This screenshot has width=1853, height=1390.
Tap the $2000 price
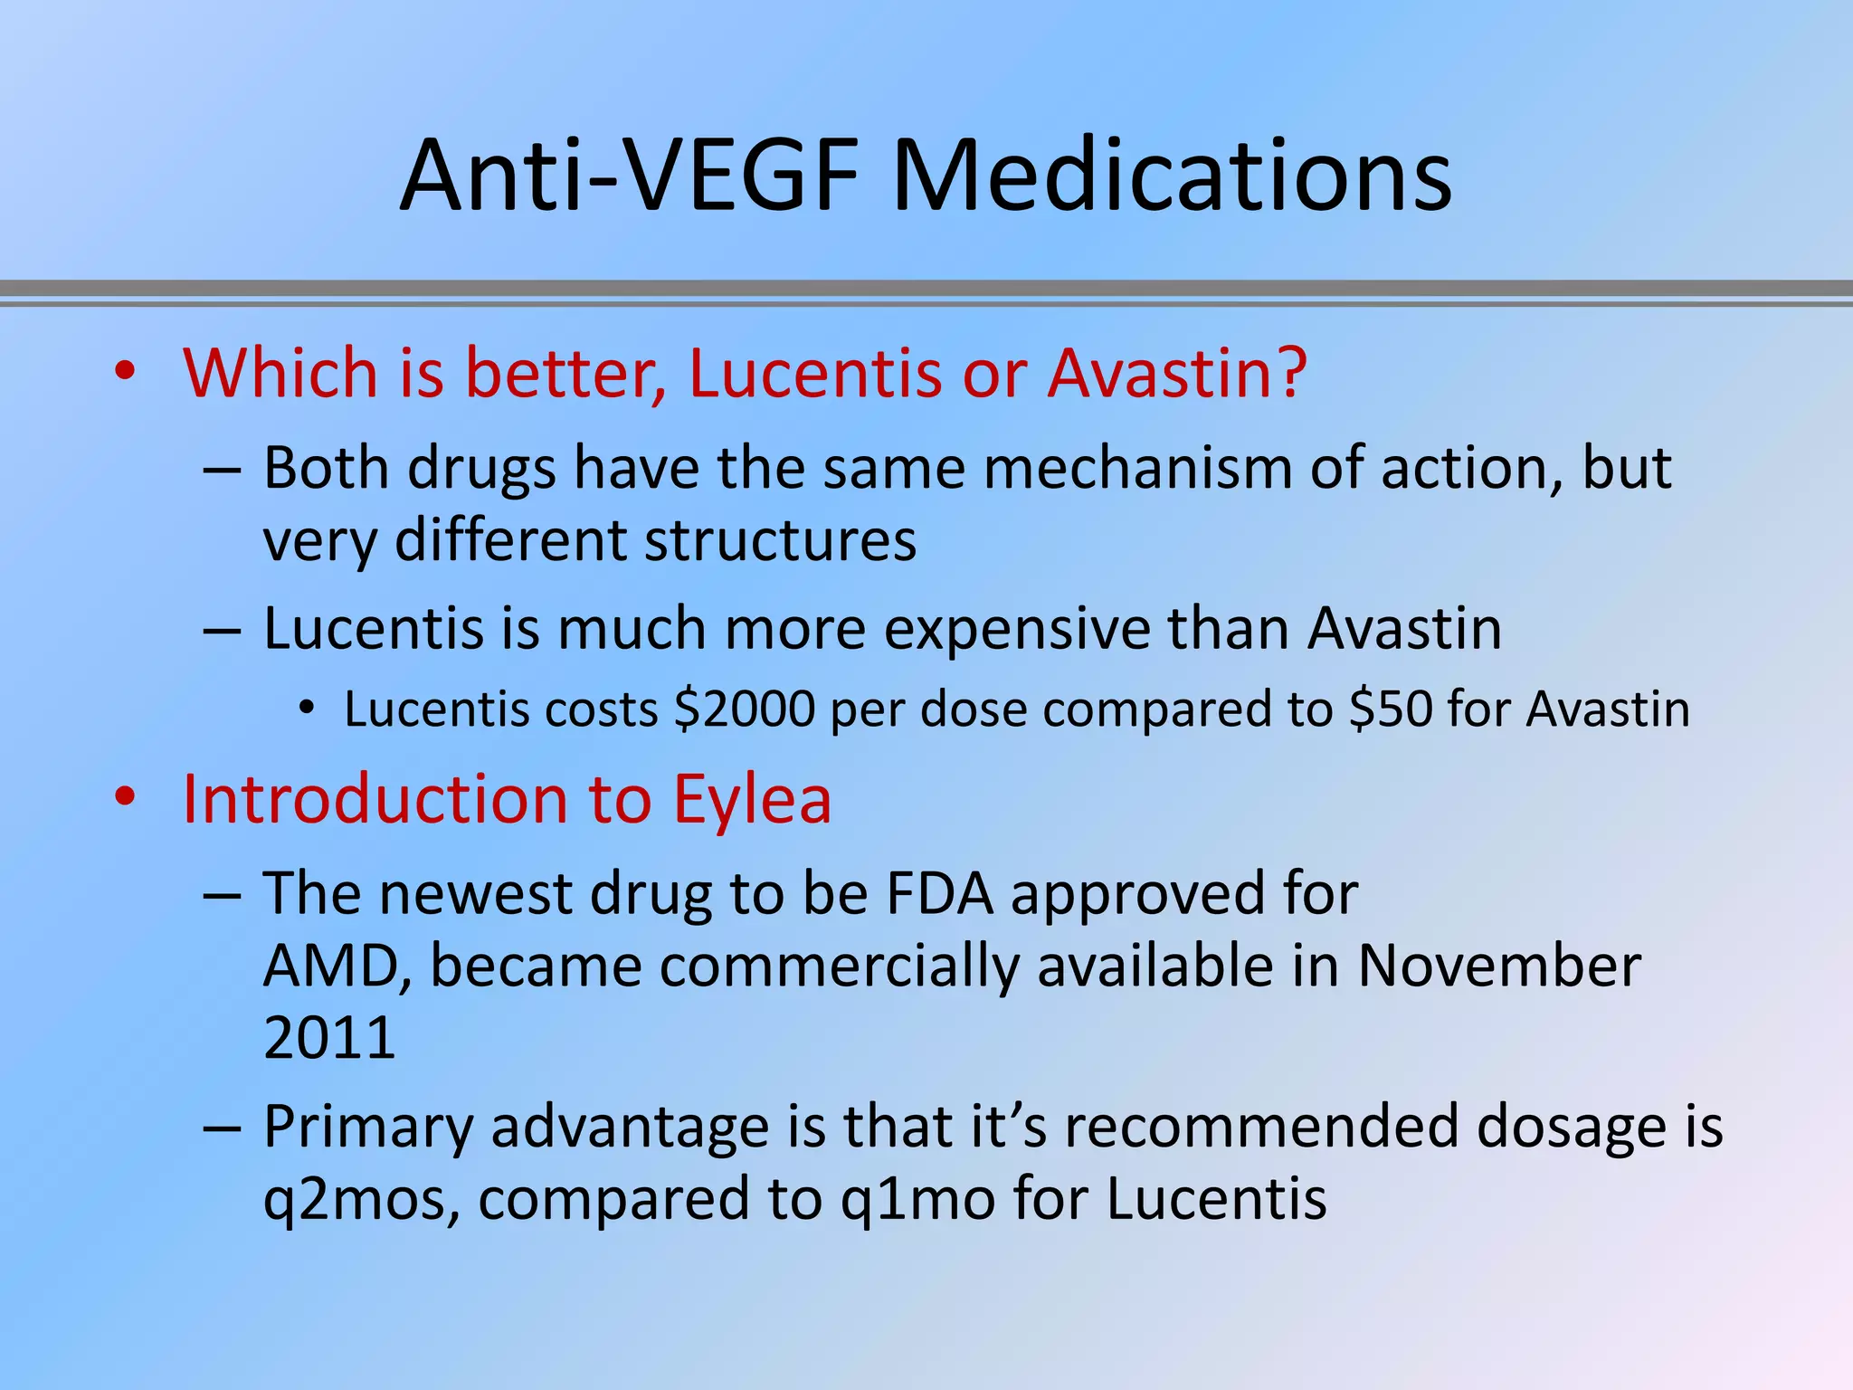(x=745, y=709)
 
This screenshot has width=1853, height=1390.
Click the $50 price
(x=1390, y=709)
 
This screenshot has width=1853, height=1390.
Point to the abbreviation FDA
(x=940, y=893)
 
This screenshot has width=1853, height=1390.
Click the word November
(x=1499, y=966)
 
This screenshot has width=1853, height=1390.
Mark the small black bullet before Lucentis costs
(x=308, y=709)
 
